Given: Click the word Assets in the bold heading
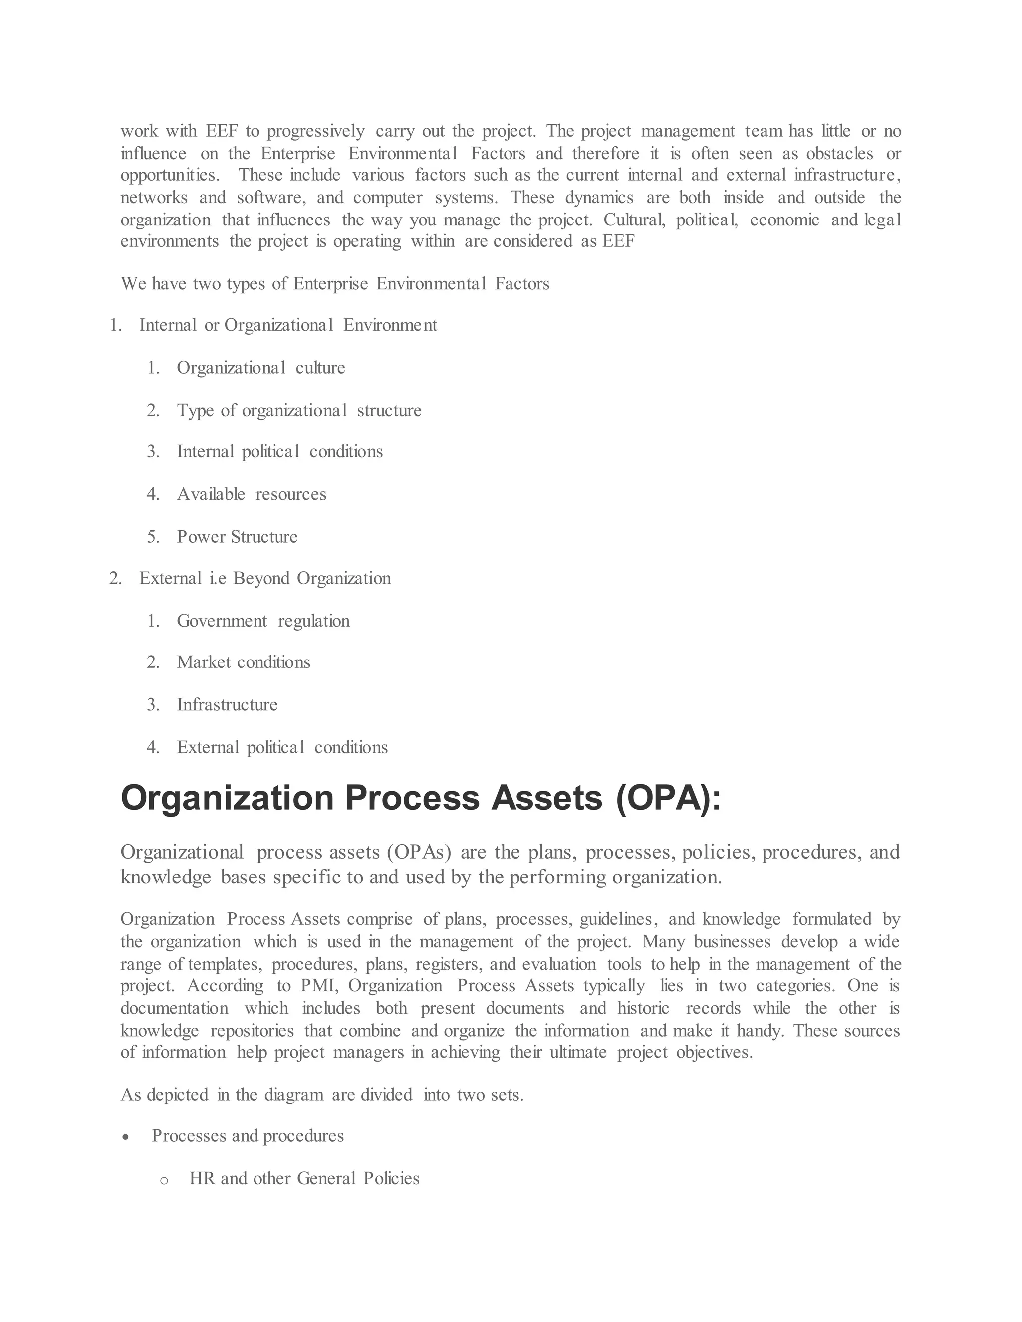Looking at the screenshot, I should click(x=547, y=798).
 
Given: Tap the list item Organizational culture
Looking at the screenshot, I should click(x=260, y=368).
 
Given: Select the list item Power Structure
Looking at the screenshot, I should click(x=237, y=537).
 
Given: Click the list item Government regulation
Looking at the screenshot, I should click(x=263, y=621).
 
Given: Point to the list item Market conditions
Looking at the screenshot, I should click(x=244, y=662).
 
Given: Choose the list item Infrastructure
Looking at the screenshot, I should click(x=227, y=704).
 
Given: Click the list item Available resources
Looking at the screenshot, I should click(x=252, y=494).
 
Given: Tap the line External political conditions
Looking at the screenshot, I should click(x=282, y=748).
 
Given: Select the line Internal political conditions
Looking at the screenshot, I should click(x=280, y=452).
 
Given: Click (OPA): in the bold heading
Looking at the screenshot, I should click(x=668, y=798).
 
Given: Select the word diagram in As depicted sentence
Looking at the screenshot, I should click(x=293, y=1095).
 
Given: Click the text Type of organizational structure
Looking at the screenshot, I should click(x=299, y=411).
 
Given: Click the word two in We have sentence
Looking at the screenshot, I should click(x=207, y=284).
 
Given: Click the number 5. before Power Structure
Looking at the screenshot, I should click(x=153, y=537).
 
